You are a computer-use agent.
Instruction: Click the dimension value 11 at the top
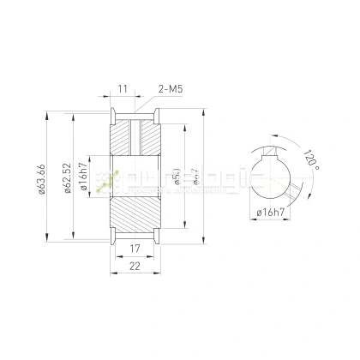[123, 88]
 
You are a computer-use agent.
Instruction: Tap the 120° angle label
[308, 160]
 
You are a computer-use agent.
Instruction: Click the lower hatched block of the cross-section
[134, 214]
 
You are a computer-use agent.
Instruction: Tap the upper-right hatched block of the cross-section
[148, 137]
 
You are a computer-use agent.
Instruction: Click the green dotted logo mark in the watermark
[106, 179]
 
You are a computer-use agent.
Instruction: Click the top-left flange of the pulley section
[112, 114]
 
